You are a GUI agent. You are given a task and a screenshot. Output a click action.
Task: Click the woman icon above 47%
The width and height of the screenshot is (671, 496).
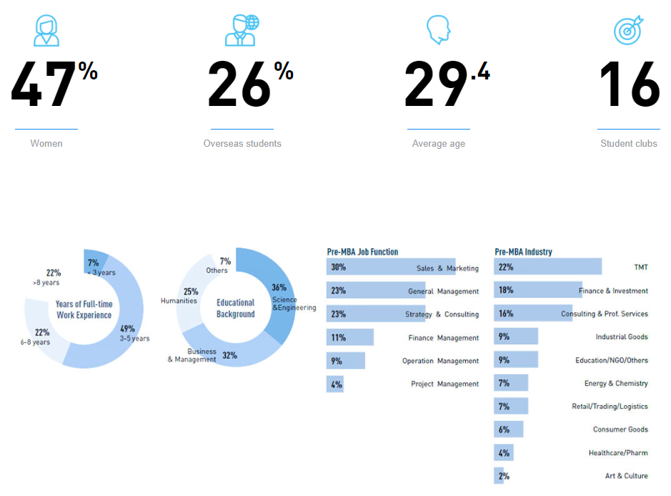point(46,30)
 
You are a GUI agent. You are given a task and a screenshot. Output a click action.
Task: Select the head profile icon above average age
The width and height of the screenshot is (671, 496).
point(438,30)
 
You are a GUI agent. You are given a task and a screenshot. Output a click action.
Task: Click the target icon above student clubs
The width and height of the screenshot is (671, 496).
point(628,30)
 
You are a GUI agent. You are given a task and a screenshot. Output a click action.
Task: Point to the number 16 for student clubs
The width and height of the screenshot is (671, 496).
point(629,85)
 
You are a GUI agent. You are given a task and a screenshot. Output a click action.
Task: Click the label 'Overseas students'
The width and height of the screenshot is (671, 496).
point(242,143)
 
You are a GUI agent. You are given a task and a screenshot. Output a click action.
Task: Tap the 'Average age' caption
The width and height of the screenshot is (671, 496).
point(438,143)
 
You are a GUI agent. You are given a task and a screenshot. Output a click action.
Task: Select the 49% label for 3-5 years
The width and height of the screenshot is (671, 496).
point(127,329)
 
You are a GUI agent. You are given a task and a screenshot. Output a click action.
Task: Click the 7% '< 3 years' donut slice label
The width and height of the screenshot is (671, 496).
point(93,263)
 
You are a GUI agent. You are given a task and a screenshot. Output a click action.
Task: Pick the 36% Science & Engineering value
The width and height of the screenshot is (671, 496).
point(279,288)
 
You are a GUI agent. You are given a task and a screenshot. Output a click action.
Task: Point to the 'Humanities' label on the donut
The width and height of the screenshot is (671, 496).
point(179,301)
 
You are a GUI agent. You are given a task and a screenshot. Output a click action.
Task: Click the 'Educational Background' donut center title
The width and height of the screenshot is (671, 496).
point(236,308)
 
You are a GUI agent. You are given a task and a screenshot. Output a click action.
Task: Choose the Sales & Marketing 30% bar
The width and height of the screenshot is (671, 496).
point(390,268)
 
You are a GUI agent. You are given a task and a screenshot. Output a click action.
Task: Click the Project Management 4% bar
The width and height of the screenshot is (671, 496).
point(335,384)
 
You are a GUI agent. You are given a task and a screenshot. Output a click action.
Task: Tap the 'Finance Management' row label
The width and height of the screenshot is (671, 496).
point(443,338)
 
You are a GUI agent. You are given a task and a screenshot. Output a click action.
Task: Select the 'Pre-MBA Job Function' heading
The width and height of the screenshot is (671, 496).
point(362,252)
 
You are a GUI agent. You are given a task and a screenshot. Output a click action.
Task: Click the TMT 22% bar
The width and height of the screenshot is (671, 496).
point(547,267)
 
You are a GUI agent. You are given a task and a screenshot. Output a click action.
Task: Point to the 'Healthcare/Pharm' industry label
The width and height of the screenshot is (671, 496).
point(618,453)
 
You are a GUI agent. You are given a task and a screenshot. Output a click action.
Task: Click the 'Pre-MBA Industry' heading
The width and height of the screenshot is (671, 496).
point(523,252)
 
